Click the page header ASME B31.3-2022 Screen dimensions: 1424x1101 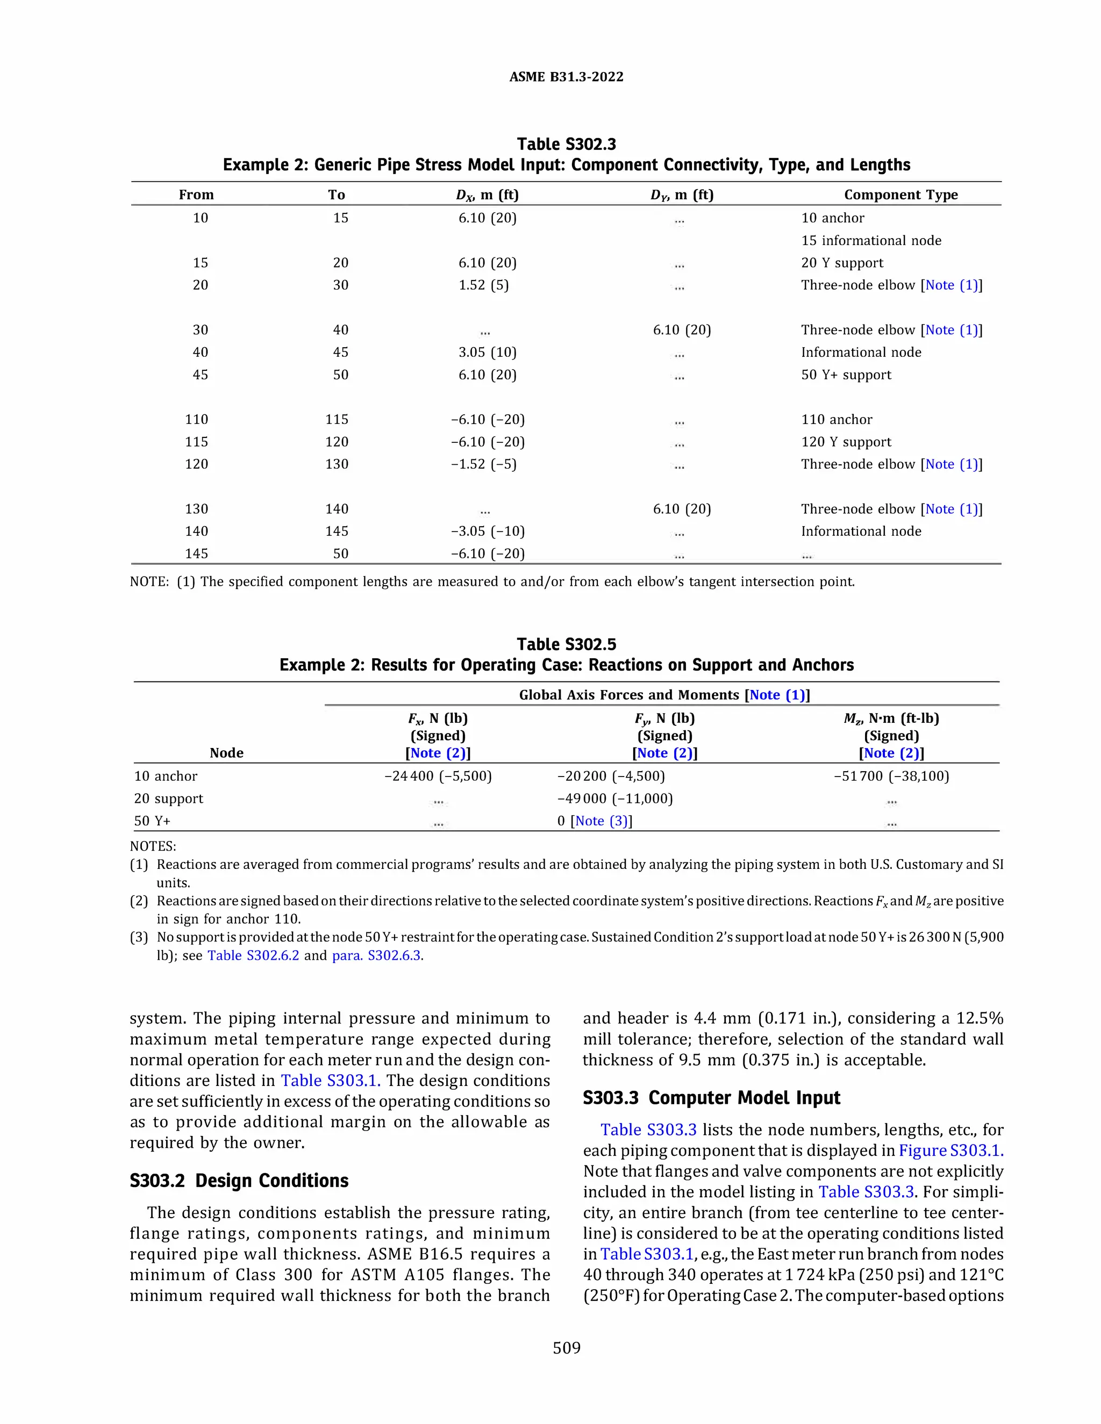point(566,77)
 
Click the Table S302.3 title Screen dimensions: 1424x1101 point(566,144)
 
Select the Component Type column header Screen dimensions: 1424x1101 point(901,195)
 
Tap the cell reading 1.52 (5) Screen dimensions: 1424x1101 point(483,285)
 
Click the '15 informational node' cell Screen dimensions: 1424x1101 point(871,241)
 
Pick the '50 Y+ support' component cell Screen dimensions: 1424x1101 point(846,375)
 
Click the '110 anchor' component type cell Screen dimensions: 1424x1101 point(836,419)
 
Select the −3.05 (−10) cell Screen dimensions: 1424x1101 point(487,531)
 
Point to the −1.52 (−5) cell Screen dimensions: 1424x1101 point(483,464)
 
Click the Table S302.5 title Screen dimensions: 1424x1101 point(566,644)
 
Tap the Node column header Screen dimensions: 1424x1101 point(226,752)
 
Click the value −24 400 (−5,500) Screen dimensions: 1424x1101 point(438,776)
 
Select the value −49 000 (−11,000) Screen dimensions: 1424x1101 point(614,799)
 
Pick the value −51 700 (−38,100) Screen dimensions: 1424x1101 point(891,776)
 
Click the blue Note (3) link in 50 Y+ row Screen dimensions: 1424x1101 point(600,821)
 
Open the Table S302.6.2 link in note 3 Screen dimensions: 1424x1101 point(253,956)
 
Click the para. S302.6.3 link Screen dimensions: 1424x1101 point(377,956)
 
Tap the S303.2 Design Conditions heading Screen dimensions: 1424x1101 point(239,1181)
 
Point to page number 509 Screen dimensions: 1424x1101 point(566,1348)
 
